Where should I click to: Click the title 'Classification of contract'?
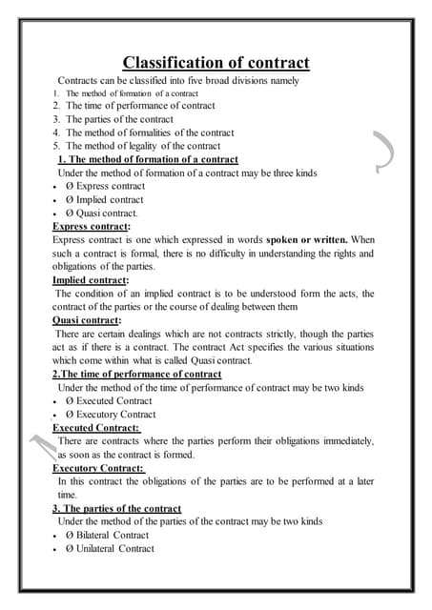pos(216,63)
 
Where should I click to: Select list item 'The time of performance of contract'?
pos(139,106)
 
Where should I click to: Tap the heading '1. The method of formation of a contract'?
pos(148,159)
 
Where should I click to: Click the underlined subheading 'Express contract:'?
pos(91,227)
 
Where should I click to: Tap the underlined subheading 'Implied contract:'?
pos(90,280)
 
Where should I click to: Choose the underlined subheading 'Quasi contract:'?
pos(87,320)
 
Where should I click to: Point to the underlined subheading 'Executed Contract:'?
pos(95,428)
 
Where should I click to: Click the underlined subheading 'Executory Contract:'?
pos(98,468)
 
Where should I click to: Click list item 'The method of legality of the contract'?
pos(142,146)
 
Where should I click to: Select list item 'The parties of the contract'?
pos(119,119)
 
